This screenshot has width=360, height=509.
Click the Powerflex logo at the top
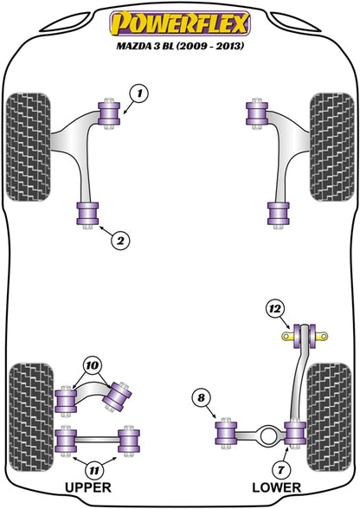click(180, 23)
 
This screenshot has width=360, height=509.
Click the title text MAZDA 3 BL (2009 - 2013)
click(180, 46)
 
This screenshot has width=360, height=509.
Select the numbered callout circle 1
click(139, 93)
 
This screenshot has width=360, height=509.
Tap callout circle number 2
click(120, 241)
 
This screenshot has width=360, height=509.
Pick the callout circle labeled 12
click(275, 309)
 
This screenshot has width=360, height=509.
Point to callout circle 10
click(93, 366)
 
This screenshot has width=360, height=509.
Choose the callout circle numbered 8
click(202, 397)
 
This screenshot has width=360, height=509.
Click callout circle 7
click(280, 469)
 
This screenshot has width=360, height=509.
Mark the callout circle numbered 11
click(94, 469)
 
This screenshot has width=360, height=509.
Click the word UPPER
click(88, 487)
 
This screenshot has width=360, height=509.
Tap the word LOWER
click(277, 487)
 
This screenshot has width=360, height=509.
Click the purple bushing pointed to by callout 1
click(109, 113)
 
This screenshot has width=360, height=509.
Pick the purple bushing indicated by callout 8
click(226, 433)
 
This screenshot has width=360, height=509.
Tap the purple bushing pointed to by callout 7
click(295, 433)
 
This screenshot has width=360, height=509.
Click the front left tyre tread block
click(29, 147)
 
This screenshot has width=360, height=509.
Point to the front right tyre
click(331, 147)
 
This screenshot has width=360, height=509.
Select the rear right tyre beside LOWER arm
click(329, 417)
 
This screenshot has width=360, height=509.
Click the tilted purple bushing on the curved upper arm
click(118, 397)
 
